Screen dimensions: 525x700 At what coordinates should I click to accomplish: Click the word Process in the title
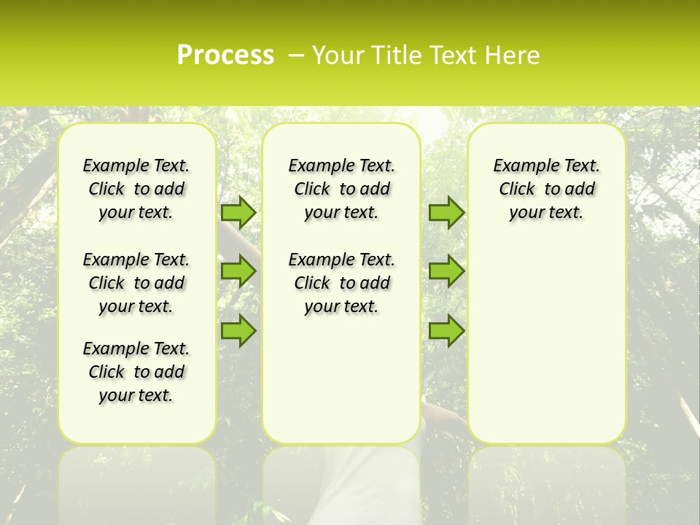[x=225, y=55]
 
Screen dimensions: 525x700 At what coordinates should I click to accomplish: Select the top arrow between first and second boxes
[x=238, y=212]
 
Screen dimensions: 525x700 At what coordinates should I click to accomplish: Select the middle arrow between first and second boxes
[x=238, y=271]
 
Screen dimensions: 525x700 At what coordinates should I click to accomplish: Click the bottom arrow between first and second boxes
[x=238, y=330]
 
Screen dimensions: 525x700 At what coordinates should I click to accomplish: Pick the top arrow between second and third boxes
[x=446, y=212]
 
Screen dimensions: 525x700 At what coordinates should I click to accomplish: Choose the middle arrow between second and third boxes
[x=446, y=271]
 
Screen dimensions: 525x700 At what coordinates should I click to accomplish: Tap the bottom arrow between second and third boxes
[x=446, y=330]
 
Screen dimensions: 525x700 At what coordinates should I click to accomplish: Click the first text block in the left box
[x=136, y=189]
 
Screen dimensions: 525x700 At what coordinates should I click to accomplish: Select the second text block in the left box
[x=136, y=283]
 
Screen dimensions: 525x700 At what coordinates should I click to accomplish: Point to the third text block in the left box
[x=136, y=372]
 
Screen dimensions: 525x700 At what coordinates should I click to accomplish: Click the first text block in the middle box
[x=341, y=189]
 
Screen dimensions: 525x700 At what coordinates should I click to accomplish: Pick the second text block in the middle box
[x=341, y=283]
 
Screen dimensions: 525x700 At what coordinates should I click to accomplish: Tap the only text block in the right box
[x=546, y=189]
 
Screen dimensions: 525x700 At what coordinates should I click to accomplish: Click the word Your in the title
[x=336, y=55]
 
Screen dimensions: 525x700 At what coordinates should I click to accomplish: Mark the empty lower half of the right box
[x=546, y=350]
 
